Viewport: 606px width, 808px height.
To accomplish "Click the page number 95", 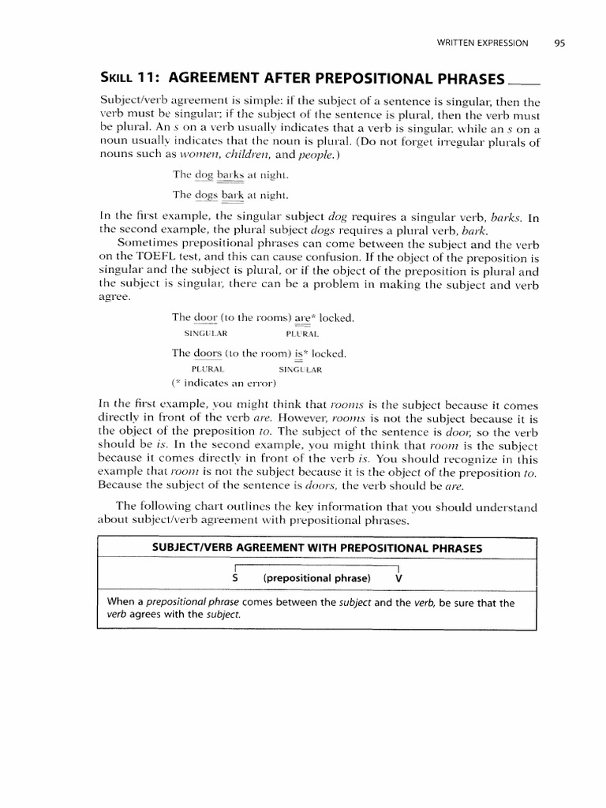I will [559, 43].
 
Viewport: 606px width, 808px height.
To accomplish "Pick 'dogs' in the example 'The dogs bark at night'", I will [207, 194].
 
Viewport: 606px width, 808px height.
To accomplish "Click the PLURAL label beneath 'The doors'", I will [208, 368].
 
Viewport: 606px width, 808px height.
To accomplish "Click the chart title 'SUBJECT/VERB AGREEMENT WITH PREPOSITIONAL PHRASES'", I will [316, 548].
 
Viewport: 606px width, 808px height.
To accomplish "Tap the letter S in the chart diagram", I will [236, 578].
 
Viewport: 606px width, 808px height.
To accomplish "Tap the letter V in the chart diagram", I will [398, 578].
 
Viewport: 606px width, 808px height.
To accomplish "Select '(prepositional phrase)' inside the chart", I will [316, 578].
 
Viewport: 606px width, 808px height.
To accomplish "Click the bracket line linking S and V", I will [316, 565].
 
